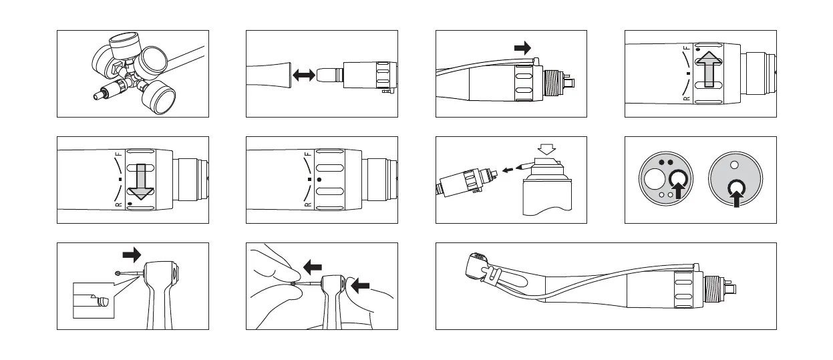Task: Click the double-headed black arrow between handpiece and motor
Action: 304,76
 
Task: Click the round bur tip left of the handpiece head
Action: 118,273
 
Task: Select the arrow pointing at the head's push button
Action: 359,286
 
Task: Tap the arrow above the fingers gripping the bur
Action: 312,267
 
